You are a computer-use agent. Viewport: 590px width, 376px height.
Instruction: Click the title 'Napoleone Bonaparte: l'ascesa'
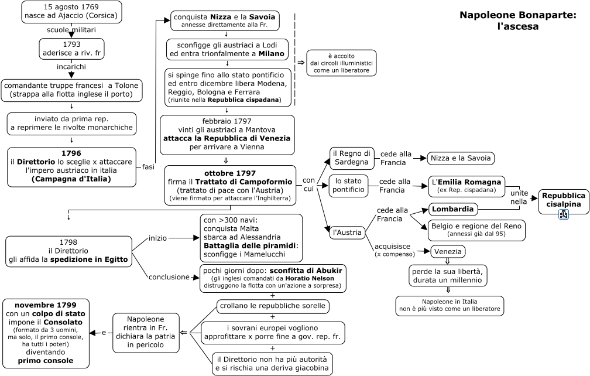pyautogui.click(x=518, y=20)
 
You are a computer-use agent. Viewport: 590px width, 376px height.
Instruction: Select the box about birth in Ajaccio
pyautogui.click(x=71, y=12)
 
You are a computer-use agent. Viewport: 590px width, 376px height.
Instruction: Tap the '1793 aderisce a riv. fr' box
pyautogui.click(x=71, y=49)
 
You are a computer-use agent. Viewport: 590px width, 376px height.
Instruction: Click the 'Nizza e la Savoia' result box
pyautogui.click(x=461, y=159)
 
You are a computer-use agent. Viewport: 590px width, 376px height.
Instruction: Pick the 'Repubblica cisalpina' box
pyautogui.click(x=563, y=201)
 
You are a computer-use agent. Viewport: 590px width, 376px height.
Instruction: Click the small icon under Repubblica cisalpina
pyautogui.click(x=563, y=214)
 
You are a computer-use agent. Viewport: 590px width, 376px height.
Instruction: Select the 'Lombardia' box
pyautogui.click(x=452, y=209)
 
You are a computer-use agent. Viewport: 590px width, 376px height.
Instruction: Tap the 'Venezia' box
pyautogui.click(x=447, y=251)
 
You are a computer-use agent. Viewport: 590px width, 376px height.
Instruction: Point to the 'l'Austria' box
pyautogui.click(x=347, y=233)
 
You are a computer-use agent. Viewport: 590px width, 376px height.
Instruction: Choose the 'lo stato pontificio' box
pyautogui.click(x=348, y=186)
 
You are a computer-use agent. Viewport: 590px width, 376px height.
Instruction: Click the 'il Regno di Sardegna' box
pyautogui.click(x=351, y=158)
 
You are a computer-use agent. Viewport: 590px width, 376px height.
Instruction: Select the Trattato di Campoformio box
pyautogui.click(x=230, y=186)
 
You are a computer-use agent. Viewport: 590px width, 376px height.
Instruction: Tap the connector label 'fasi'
pyautogui.click(x=148, y=167)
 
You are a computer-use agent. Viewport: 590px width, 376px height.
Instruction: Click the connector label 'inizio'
pyautogui.click(x=157, y=238)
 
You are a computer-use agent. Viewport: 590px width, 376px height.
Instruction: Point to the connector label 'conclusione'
pyautogui.click(x=169, y=277)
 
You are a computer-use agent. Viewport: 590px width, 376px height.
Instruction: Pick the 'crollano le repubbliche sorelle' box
pyautogui.click(x=273, y=306)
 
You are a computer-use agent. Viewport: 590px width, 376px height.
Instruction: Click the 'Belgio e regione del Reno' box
pyautogui.click(x=476, y=230)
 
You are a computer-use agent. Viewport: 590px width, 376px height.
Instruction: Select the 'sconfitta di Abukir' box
pyautogui.click(x=273, y=278)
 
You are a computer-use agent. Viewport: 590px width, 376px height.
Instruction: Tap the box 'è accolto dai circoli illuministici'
pyautogui.click(x=341, y=63)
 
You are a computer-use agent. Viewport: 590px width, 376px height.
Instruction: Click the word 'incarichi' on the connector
pyautogui.click(x=71, y=67)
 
